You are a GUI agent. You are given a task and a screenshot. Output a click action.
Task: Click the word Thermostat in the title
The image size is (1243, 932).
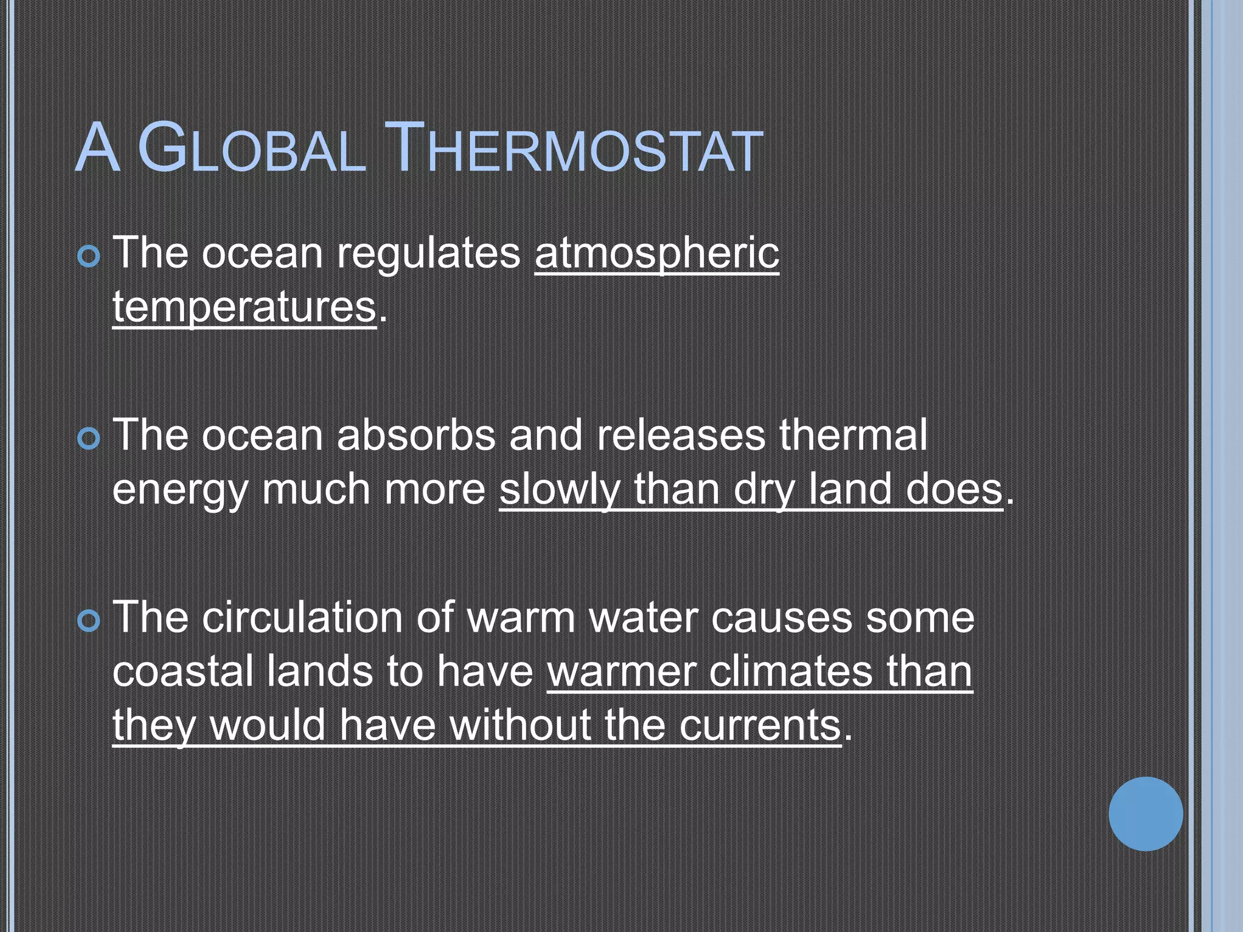[x=574, y=149]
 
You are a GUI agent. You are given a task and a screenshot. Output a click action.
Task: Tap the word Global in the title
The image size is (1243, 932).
[x=252, y=149]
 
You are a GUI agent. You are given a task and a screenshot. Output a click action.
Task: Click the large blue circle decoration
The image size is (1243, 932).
[x=1145, y=814]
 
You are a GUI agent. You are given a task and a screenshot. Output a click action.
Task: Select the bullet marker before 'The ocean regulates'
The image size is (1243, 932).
[x=89, y=257]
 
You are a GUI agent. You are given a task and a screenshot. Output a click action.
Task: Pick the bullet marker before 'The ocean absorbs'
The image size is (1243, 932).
[x=89, y=439]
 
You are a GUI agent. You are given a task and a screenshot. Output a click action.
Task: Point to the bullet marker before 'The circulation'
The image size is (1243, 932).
[x=89, y=621]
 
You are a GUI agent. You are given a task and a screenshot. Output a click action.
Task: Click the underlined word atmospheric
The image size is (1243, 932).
[x=657, y=253]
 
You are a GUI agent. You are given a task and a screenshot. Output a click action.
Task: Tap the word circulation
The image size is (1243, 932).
[x=302, y=618]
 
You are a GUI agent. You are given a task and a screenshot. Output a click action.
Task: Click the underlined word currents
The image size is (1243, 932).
[x=760, y=726]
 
